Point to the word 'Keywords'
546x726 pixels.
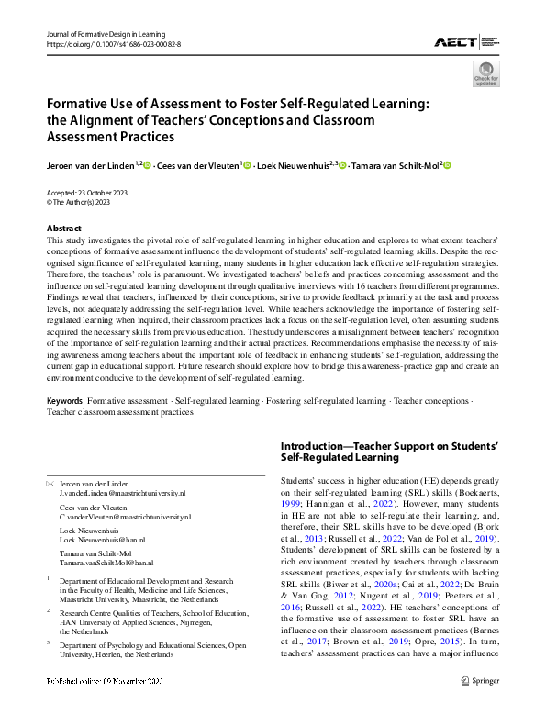64,401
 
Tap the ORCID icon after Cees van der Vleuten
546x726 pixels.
247,165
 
